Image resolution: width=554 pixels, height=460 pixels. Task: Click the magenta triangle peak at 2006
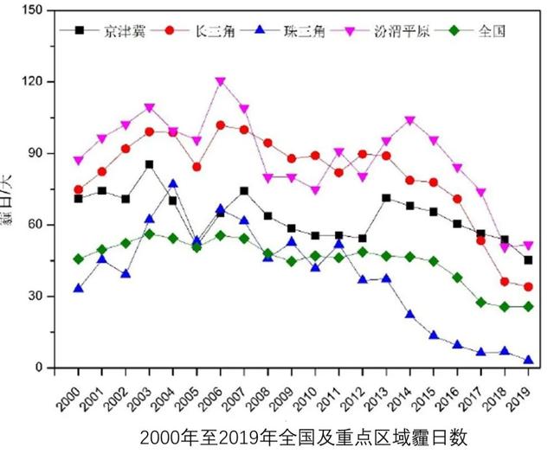click(221, 82)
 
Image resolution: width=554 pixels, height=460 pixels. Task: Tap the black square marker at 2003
click(150, 164)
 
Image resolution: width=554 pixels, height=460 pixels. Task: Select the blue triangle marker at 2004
click(173, 183)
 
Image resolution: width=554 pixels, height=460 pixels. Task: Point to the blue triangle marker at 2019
click(528, 360)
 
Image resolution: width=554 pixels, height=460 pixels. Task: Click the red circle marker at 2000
click(79, 189)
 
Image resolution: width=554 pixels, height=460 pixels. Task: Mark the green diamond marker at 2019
click(528, 307)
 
